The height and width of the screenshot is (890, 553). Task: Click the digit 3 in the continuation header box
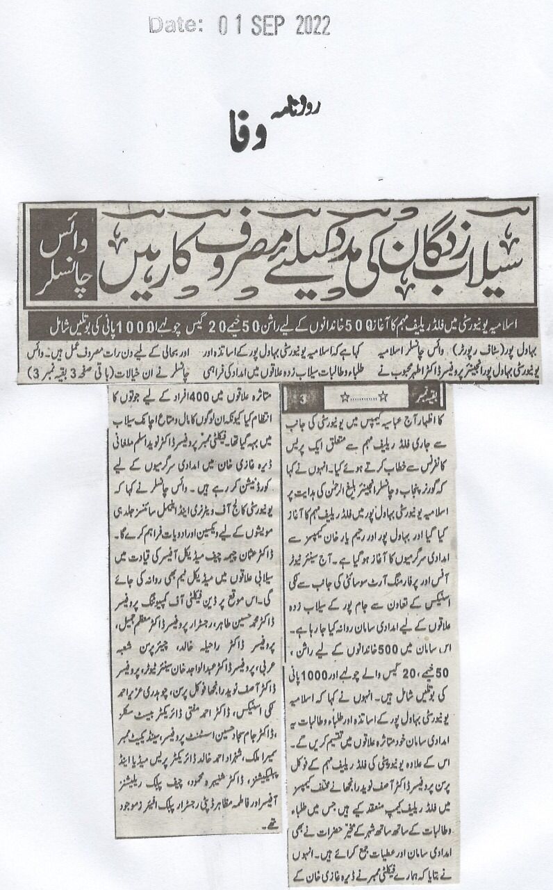pyautogui.click(x=306, y=398)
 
